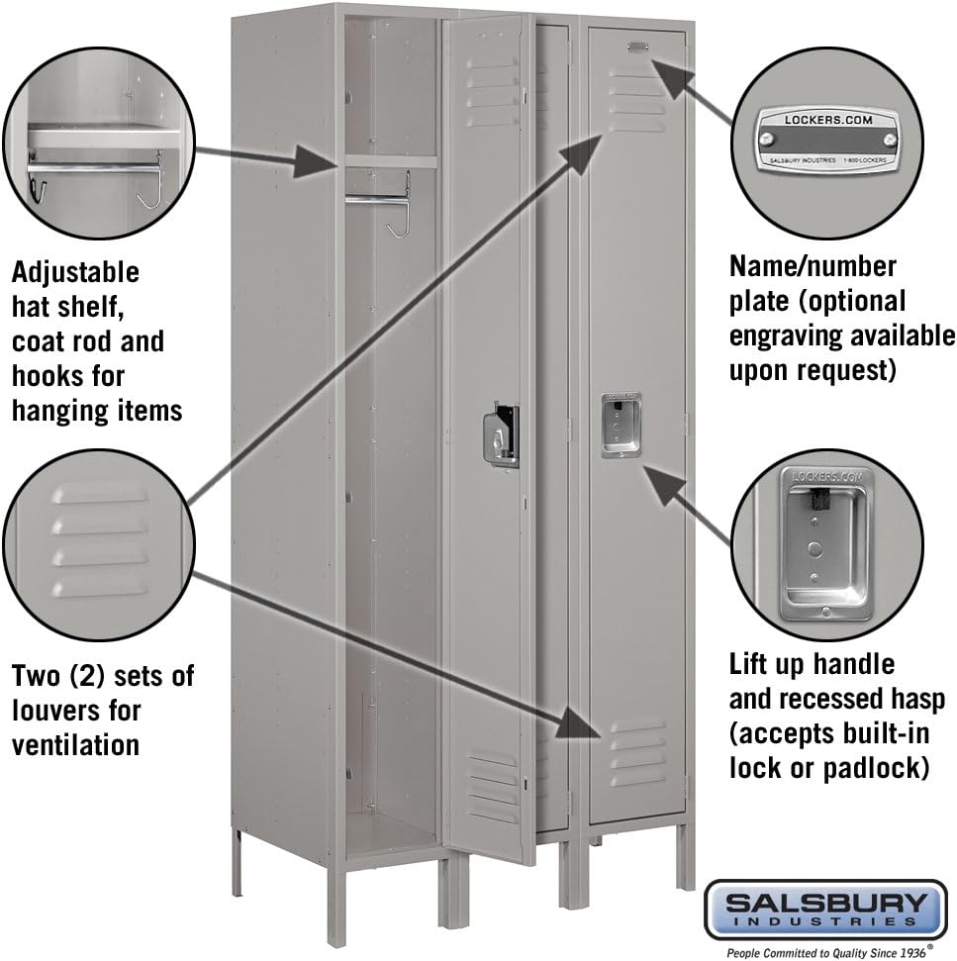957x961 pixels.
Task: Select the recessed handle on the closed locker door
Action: point(621,425)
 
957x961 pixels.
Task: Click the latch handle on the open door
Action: point(500,434)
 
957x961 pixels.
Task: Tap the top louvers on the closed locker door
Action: point(637,99)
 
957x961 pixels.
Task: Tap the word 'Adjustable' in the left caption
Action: point(75,271)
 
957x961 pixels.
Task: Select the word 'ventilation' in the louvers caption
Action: point(75,743)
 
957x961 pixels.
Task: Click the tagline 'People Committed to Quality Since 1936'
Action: point(824,952)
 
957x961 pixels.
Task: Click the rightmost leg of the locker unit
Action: point(684,855)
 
